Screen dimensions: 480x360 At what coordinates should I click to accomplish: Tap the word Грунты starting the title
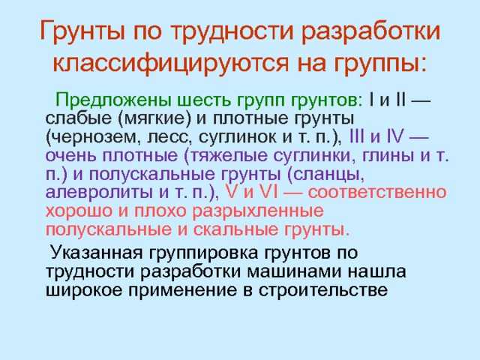point(82,32)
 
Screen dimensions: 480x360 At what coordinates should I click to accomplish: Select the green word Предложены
point(112,100)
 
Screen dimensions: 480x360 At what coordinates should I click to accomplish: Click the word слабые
point(79,118)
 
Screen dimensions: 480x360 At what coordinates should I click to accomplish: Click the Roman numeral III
point(357,136)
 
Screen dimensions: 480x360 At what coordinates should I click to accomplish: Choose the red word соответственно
point(376,193)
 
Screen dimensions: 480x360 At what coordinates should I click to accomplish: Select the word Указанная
point(97,253)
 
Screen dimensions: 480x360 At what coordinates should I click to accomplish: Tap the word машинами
point(294,272)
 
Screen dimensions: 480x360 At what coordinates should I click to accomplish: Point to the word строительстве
point(323,290)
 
